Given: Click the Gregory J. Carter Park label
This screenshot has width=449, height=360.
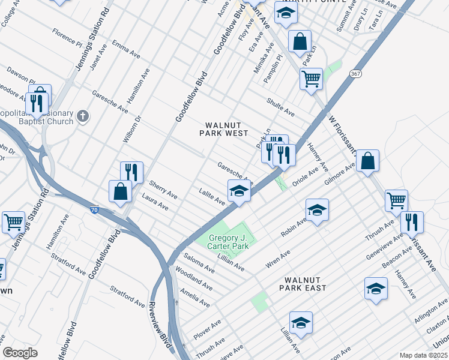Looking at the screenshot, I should pos(228,242).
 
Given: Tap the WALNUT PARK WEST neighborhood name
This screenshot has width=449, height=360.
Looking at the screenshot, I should pos(224,129).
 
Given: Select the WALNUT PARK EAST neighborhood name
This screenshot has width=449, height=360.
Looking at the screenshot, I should pos(306,284).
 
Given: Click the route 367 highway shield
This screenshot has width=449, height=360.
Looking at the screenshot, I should pos(356,73).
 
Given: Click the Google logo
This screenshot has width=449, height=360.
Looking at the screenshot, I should pos(20,353).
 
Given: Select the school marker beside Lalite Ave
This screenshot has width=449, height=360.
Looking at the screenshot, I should pos(239,191).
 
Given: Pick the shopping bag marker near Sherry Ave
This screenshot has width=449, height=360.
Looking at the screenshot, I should pos(121,191).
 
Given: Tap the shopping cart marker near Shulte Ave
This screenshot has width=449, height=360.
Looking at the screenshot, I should pos(311,79).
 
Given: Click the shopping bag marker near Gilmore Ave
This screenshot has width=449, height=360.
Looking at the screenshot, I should pos(367,161).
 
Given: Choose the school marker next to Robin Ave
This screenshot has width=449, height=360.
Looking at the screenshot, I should pos(317,210).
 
